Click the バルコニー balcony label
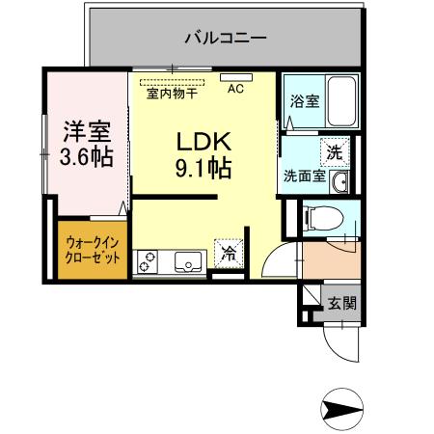coord(225,39)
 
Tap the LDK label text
coord(202,141)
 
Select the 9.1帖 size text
coord(202,169)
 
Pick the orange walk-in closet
coord(93,251)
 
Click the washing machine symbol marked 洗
coord(334,151)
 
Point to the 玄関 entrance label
coord(340,303)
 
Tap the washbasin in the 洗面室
coord(339,182)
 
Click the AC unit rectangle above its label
coord(234,76)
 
